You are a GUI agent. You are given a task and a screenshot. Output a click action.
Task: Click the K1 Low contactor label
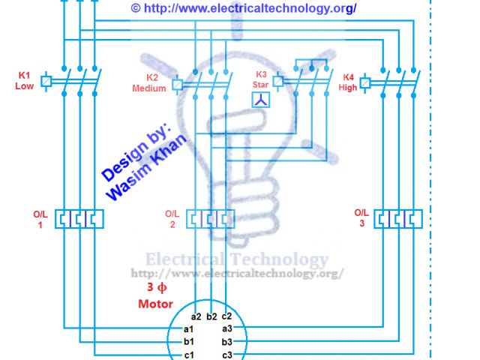point(24,80)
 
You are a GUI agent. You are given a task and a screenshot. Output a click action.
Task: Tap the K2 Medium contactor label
point(149,82)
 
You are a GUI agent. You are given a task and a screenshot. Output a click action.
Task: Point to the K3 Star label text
point(261,79)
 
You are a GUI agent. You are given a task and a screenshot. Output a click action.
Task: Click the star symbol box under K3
point(260,100)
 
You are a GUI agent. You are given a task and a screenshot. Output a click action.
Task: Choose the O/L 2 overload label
point(171,218)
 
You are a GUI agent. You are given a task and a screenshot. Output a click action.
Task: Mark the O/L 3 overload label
point(361,217)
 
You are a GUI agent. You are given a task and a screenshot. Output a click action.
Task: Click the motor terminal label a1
point(189,328)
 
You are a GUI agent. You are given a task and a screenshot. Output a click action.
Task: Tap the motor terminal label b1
point(189,341)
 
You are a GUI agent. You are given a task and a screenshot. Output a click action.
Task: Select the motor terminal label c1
point(189,354)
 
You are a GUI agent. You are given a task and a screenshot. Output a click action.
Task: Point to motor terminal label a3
point(227,328)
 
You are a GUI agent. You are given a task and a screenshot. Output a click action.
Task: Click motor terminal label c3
point(227,354)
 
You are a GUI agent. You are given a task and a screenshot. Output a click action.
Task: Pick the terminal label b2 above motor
point(211,316)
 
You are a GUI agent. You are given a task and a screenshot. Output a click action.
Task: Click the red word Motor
point(155,304)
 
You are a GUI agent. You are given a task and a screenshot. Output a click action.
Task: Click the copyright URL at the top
point(243,7)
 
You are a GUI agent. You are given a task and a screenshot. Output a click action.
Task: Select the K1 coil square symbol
point(46,80)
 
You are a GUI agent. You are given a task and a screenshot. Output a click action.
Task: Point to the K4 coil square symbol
point(365,82)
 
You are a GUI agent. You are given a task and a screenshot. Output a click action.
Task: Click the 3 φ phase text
point(156,287)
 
